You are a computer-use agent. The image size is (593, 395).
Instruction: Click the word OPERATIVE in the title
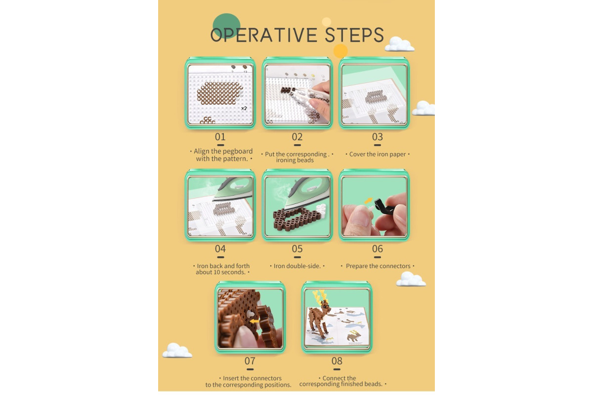pos(264,35)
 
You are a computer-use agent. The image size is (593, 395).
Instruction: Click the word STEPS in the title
pos(354,35)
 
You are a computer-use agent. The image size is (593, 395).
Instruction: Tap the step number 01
pos(220,137)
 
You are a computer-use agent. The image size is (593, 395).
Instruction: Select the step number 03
pos(377,137)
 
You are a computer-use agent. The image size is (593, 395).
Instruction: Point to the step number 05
pos(297,249)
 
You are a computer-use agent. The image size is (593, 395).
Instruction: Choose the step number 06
pos(377,249)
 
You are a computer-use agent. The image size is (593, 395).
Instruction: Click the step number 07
pos(250,360)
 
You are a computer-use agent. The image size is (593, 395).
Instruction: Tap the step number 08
pos(337,360)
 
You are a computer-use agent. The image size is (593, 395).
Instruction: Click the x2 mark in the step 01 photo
pos(244,108)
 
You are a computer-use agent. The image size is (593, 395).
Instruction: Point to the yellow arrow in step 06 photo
pos(368,201)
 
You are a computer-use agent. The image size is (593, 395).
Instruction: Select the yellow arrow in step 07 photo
pos(254,321)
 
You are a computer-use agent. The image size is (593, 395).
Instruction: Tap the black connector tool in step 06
pos(384,207)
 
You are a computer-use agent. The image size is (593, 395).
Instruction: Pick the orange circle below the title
pos(340,51)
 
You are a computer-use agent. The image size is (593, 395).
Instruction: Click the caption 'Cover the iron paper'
pos(377,154)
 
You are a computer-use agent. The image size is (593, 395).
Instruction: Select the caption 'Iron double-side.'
pos(297,266)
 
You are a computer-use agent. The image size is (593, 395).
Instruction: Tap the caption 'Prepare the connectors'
pos(378,266)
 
